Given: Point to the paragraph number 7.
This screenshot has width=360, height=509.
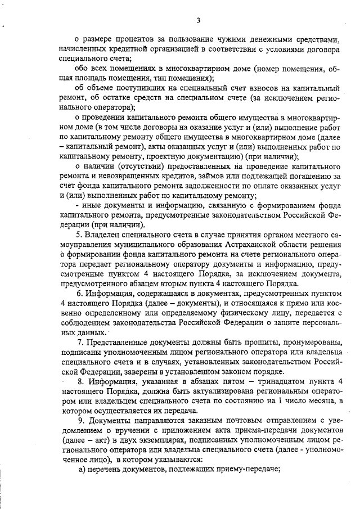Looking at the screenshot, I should [x=79, y=343].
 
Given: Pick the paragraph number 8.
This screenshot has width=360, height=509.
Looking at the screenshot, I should [x=79, y=382].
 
